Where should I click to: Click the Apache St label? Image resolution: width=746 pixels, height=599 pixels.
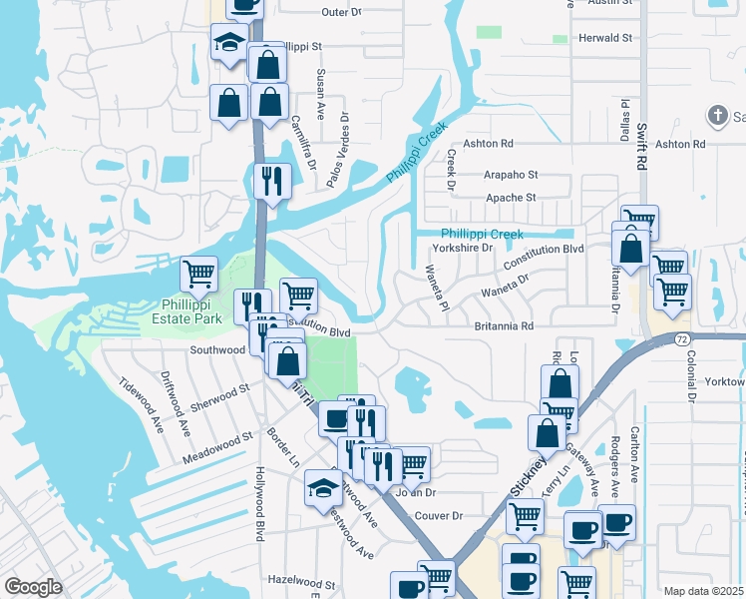pyautogui.click(x=511, y=198)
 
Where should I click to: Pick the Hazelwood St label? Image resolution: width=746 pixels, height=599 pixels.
pyautogui.click(x=304, y=580)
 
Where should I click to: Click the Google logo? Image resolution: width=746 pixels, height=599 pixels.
pyautogui.click(x=33, y=587)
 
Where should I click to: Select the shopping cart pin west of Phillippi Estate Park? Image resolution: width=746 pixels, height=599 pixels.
pyautogui.click(x=199, y=273)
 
